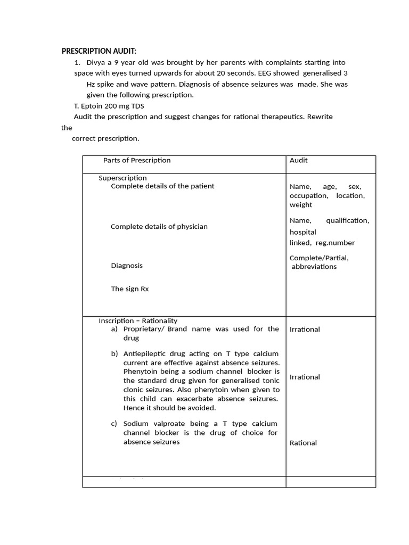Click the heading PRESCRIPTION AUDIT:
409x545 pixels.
pyautogui.click(x=99, y=51)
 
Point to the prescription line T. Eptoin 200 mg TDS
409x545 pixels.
pyautogui.click(x=109, y=106)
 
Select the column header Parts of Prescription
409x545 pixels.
pyautogui.click(x=137, y=160)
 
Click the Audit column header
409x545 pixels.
pyautogui.click(x=298, y=160)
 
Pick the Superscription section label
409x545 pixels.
pyautogui.click(x=122, y=178)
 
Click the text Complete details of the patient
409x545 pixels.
pyautogui.click(x=162, y=186)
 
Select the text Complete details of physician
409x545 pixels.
pyautogui.click(x=159, y=227)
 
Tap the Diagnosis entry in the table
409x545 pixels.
pyautogui.click(x=127, y=266)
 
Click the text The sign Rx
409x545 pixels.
pyautogui.click(x=130, y=289)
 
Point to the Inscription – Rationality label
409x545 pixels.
pyautogui.click(x=138, y=321)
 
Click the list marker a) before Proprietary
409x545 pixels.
pyautogui.click(x=114, y=329)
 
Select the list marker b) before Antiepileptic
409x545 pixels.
pyautogui.click(x=114, y=354)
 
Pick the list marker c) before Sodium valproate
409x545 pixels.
pyautogui.click(x=114, y=424)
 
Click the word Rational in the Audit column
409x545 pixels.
pyautogui.click(x=303, y=443)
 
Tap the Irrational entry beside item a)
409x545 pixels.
pyautogui.click(x=305, y=329)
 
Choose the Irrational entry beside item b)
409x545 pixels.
pyautogui.click(x=305, y=377)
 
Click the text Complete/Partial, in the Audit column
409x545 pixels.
pyautogui.click(x=319, y=258)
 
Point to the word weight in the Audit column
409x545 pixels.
pyautogui.click(x=301, y=205)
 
